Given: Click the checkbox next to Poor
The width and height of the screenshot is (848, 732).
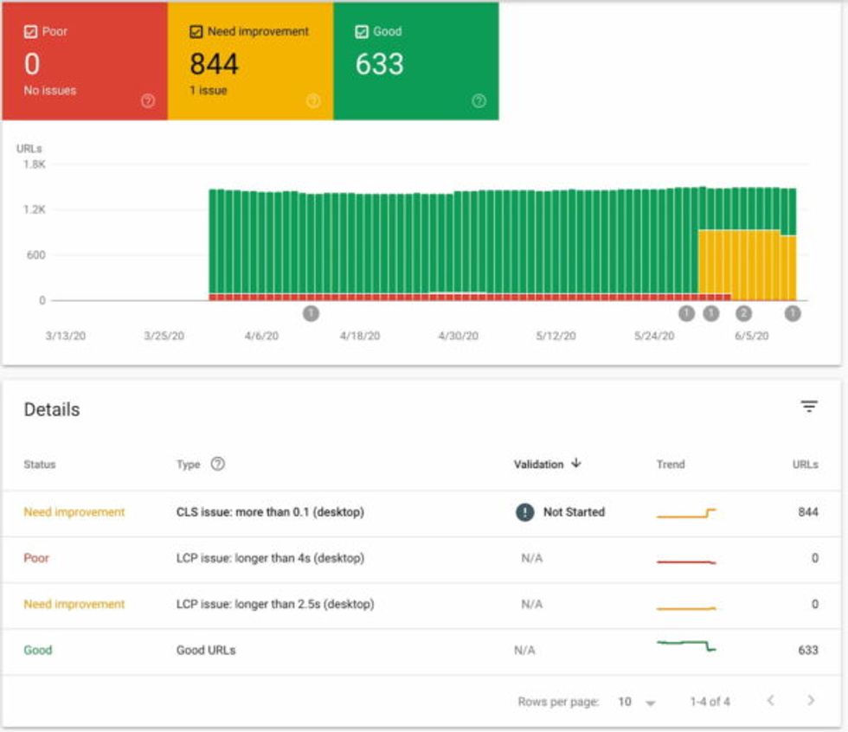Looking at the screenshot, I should (x=30, y=31).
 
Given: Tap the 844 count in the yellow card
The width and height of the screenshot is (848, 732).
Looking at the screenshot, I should (x=214, y=64).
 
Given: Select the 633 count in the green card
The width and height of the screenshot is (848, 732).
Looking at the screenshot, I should (x=379, y=64).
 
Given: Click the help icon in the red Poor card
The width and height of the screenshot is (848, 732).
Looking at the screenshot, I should (x=148, y=101).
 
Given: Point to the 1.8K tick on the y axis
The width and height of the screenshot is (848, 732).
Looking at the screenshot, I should (x=35, y=164).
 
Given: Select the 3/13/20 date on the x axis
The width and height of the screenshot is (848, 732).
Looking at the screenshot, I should (x=64, y=336).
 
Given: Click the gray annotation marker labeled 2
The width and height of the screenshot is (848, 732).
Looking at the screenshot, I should (x=742, y=313).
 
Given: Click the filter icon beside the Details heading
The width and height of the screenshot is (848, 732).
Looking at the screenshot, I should (x=809, y=407).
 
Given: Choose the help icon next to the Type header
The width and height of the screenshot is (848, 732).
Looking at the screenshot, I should (x=218, y=464).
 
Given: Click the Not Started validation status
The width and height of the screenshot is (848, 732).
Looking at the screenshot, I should (x=573, y=512).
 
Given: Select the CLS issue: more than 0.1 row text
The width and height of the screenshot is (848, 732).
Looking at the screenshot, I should (x=270, y=512).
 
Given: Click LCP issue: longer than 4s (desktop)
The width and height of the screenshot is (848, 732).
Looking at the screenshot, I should (x=270, y=558).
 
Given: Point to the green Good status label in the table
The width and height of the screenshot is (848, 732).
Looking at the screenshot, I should (x=38, y=650).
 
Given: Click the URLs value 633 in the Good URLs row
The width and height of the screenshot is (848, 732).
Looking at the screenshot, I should (x=807, y=650).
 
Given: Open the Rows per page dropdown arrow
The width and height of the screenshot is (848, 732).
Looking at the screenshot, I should (x=651, y=703).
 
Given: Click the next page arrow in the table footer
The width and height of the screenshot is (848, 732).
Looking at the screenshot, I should (x=811, y=701).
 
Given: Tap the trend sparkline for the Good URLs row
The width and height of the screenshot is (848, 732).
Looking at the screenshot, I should (x=686, y=645).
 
